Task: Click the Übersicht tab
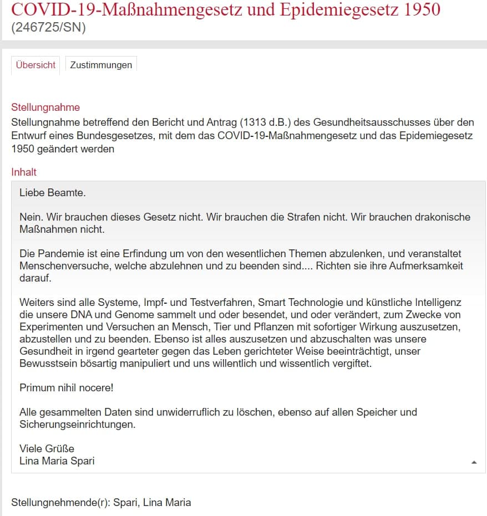point(35,65)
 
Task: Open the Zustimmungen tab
point(101,65)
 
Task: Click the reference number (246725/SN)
point(48,28)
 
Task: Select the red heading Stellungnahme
point(45,108)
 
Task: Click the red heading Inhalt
point(24,172)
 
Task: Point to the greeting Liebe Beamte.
point(53,193)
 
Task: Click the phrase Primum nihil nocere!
point(66,388)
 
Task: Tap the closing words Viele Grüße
point(47,448)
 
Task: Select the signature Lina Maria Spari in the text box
point(57,461)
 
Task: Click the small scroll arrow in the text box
point(474,462)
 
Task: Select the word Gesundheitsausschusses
point(372,122)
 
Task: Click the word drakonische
point(437,217)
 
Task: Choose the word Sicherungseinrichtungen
point(77,425)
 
